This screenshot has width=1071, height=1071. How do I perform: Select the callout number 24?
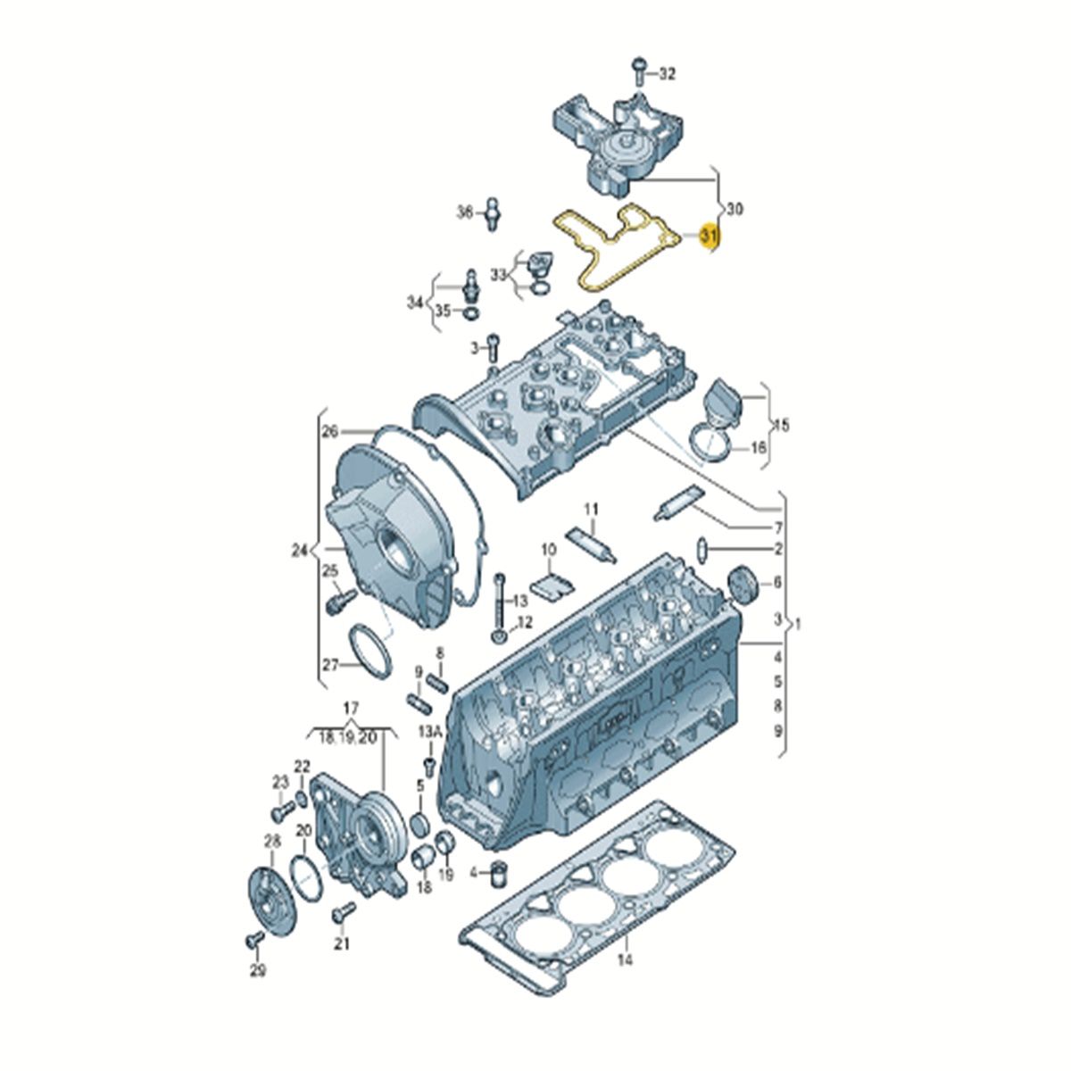300,551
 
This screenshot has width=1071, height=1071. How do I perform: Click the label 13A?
429,732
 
